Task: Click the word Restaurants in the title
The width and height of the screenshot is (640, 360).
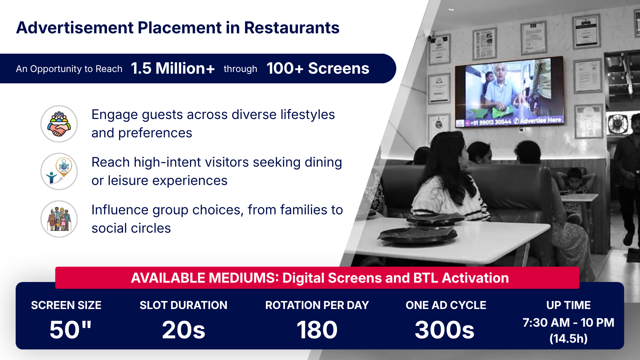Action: tap(292, 28)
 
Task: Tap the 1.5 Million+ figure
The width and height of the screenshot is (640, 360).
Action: tap(173, 68)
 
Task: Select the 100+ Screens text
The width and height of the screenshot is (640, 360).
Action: tap(318, 68)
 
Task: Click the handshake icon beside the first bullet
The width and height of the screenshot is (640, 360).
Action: tap(59, 124)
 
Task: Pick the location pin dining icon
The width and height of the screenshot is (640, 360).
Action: tap(59, 171)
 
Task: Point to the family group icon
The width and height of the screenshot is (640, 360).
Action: tap(59, 219)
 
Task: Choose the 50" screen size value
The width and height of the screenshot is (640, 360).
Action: tap(70, 330)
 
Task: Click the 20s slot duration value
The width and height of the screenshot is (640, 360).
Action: tap(183, 330)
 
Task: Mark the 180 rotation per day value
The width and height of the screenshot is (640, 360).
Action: tap(317, 330)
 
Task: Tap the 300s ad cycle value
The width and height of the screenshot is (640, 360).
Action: tap(445, 330)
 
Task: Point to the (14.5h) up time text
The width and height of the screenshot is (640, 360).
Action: tap(568, 339)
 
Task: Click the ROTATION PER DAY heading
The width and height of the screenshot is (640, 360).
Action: tap(317, 305)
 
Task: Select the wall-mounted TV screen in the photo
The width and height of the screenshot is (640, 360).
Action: tap(509, 92)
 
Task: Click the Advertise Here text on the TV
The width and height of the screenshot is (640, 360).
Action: tap(540, 120)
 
